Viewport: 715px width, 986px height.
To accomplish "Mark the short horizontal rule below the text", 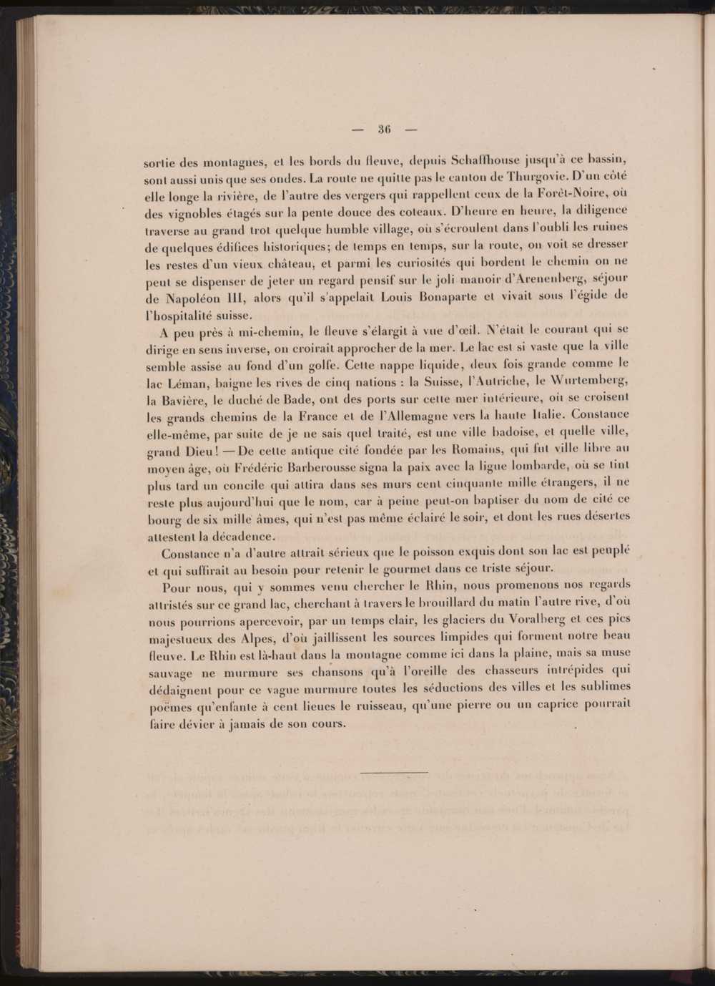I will (x=394, y=772).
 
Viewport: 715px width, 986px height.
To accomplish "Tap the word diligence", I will (x=595, y=211).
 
